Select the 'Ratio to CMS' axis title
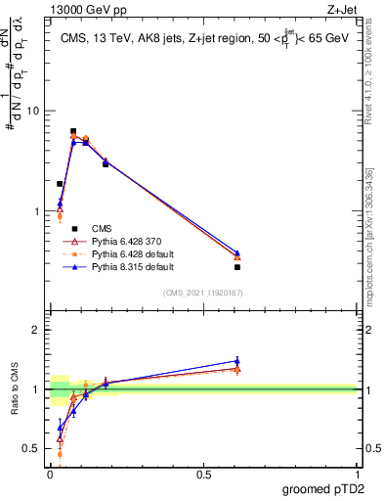pyautogui.click(x=14, y=389)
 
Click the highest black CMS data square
pyautogui.click(x=73, y=131)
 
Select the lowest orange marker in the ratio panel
pyautogui.click(x=60, y=454)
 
